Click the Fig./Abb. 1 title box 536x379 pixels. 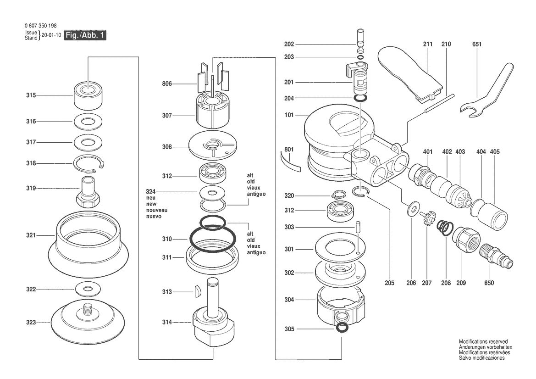pyautogui.click(x=85, y=35)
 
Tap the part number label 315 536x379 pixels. pyautogui.click(x=31, y=95)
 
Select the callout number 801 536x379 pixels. pyautogui.click(x=289, y=150)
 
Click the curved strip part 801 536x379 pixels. pyautogui.click(x=291, y=162)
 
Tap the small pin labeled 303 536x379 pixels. pyautogui.click(x=357, y=227)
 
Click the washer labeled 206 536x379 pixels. pyautogui.click(x=413, y=209)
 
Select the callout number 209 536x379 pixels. pyautogui.click(x=461, y=283)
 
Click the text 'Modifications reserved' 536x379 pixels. pyautogui.click(x=483, y=341)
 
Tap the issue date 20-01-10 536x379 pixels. pyautogui.click(x=51, y=35)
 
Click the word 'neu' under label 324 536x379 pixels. pyautogui.click(x=151, y=198)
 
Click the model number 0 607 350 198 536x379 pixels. pyautogui.click(x=41, y=26)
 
